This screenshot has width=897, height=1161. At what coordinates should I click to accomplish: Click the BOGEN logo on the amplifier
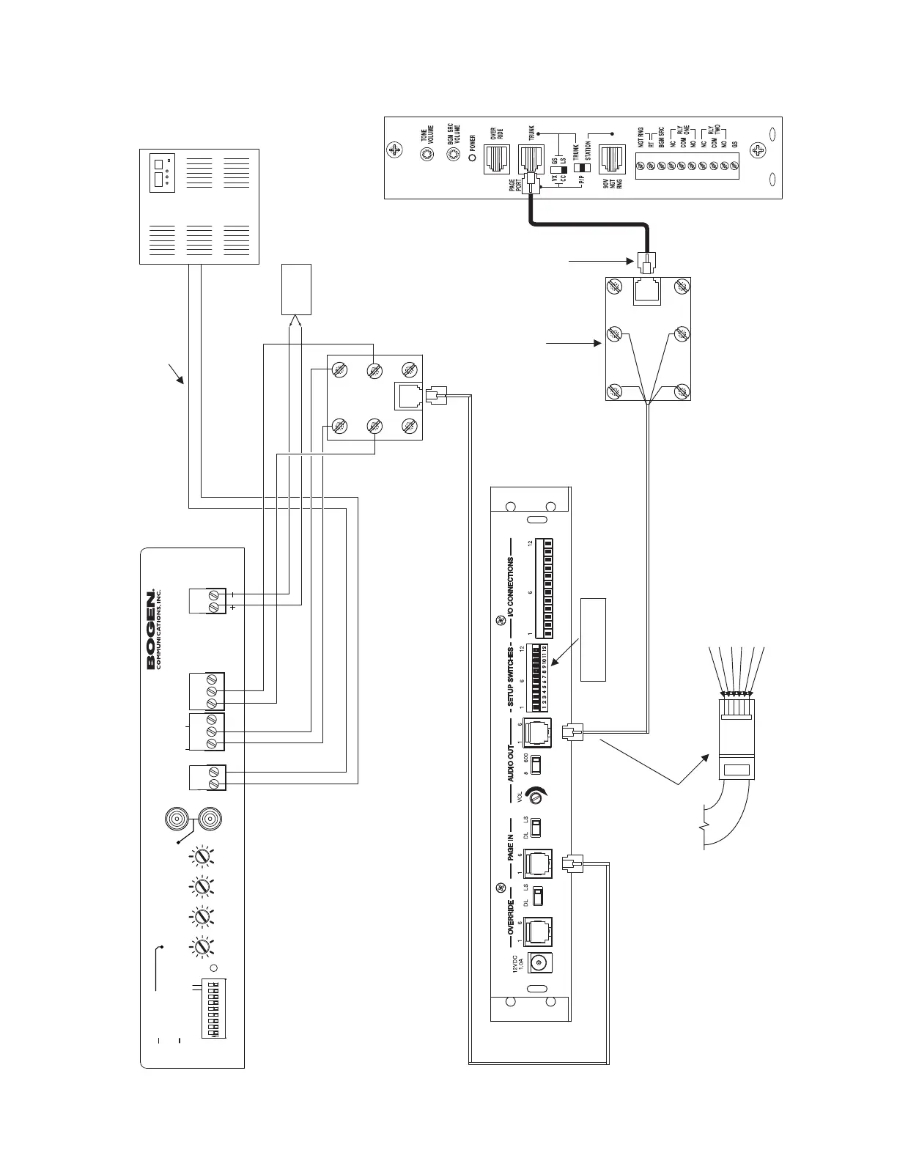152,627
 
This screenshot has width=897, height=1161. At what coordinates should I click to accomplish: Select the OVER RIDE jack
498,159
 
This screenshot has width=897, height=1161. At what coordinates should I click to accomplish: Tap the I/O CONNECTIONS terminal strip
543,589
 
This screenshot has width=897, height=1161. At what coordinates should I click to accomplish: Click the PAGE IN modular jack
539,863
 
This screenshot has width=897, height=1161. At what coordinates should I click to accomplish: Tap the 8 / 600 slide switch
536,764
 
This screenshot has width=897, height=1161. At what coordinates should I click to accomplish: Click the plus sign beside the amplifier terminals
233,608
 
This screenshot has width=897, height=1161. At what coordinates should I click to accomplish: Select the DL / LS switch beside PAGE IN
536,827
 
